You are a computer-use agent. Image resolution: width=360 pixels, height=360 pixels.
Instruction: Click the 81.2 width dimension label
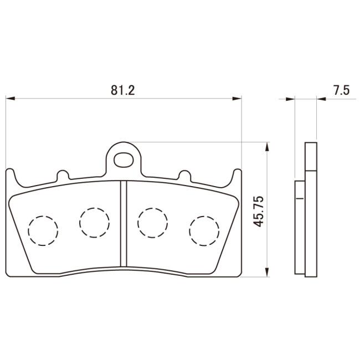tap(122, 90)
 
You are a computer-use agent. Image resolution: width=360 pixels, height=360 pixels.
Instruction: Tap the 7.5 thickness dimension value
tap(341, 90)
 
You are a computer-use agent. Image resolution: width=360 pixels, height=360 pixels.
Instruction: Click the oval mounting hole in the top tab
tap(124, 160)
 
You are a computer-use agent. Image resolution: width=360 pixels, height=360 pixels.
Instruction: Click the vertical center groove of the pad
tap(124, 224)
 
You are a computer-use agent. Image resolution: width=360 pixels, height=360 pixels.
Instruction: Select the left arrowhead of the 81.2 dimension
tap(11, 99)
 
